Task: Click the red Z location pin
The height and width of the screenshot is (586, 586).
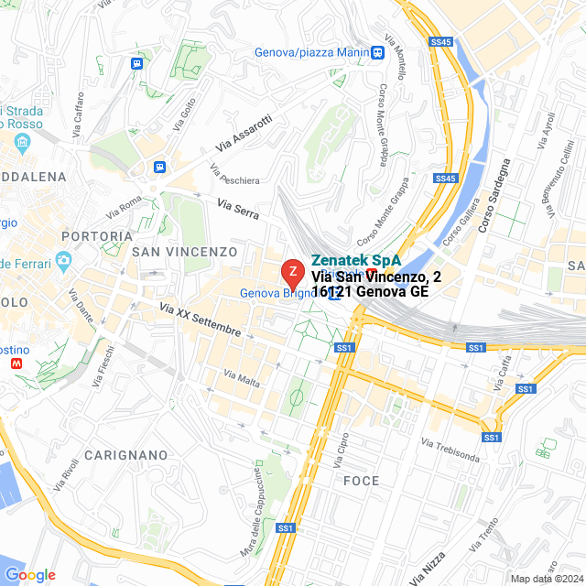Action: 292,273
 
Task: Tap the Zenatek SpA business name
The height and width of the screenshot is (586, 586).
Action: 356,260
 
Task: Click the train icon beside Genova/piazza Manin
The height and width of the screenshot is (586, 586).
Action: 378,52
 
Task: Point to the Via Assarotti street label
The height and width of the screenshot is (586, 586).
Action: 244,133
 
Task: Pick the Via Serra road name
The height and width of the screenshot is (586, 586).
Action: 238,208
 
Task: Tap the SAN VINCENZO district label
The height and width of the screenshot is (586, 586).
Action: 184,251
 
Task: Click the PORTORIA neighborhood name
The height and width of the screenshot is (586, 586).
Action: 91,236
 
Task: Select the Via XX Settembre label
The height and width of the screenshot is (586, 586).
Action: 200,320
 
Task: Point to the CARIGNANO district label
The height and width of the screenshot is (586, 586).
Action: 126,455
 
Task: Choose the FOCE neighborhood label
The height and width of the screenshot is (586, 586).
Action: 361,481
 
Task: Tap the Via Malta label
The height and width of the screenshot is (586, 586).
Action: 241,377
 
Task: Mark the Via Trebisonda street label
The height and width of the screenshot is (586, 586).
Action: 450,450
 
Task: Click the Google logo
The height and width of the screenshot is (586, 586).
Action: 30,575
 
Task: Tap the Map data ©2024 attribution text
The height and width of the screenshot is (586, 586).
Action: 546,579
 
